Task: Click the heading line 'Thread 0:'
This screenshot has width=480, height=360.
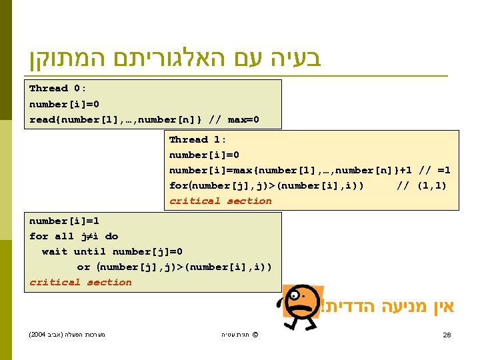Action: click(57, 89)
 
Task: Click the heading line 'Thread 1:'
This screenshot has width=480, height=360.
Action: click(197, 140)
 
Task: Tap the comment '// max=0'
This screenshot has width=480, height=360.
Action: click(234, 120)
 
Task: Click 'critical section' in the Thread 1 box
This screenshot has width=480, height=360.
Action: click(221, 201)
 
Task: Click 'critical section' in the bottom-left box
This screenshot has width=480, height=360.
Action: click(81, 283)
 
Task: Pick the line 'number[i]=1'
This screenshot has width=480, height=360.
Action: click(64, 221)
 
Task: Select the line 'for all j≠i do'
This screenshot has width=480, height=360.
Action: click(73, 237)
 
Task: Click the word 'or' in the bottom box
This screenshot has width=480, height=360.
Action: click(83, 267)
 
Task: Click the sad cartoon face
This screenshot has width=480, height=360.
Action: click(303, 305)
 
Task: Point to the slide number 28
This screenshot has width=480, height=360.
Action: click(447, 335)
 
